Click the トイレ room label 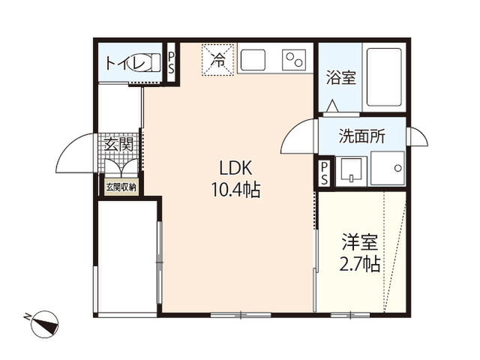click(x=125, y=64)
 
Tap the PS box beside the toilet click(x=171, y=63)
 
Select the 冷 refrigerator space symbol click(x=217, y=59)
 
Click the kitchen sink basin click(x=253, y=60)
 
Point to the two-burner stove click(x=294, y=60)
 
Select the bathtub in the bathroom click(x=384, y=76)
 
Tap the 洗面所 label click(x=362, y=136)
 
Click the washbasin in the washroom click(x=352, y=171)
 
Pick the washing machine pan click(x=388, y=168)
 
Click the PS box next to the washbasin click(x=324, y=173)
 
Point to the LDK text click(x=235, y=168)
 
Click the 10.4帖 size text click(x=235, y=190)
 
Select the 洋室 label click(x=360, y=241)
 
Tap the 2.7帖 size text click(x=360, y=264)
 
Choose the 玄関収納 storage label click(x=121, y=187)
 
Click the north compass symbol click(x=45, y=324)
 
